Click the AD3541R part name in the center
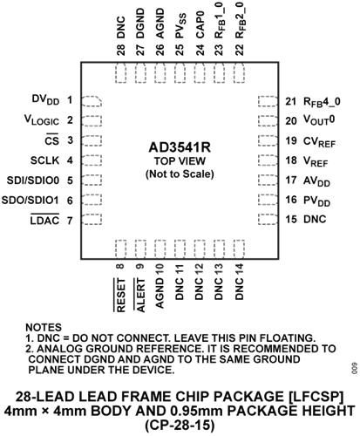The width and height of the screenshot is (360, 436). click(180, 147)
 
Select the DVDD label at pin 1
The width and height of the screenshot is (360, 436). click(45, 99)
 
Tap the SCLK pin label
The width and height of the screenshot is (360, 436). click(44, 160)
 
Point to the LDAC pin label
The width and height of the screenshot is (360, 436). click(44, 220)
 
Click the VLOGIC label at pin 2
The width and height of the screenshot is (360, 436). click(42, 119)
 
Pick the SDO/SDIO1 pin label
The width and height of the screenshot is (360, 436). click(31, 201)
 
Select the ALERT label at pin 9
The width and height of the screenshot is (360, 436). click(139, 295)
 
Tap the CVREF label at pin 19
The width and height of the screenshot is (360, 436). click(319, 142)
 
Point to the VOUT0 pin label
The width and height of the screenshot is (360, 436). click(319, 119)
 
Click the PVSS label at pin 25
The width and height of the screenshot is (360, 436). click(180, 25)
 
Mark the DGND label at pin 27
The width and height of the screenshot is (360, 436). click(140, 24)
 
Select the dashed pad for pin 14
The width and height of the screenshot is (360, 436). click(239, 249)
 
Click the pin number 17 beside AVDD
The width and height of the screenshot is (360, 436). click(291, 181)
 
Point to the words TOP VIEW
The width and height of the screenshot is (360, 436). click(180, 161)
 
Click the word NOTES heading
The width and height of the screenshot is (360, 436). click(44, 327)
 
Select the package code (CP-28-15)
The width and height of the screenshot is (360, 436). click(180, 426)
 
